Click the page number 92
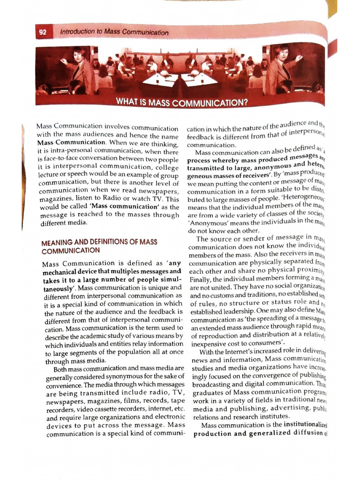[x=43, y=33]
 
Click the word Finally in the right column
[x=201, y=280]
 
